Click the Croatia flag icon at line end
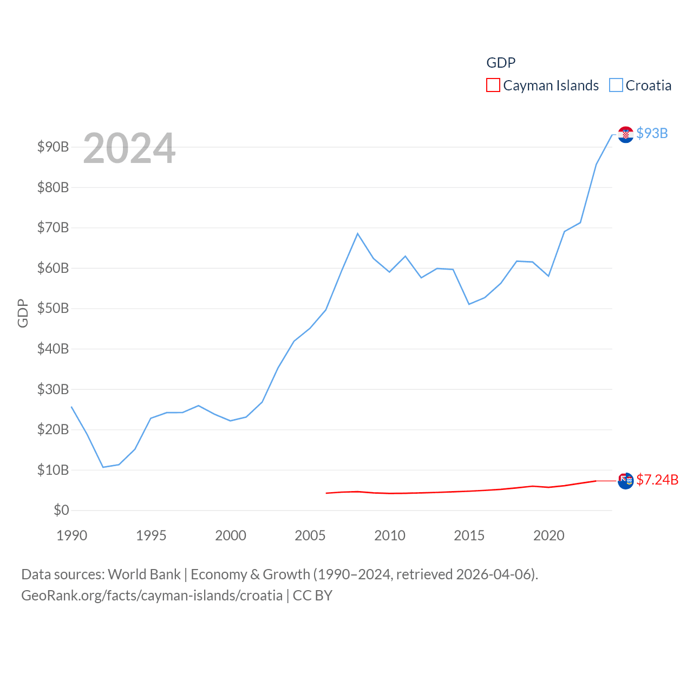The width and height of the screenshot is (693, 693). pyautogui.click(x=625, y=134)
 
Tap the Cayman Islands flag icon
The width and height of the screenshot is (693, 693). pyautogui.click(x=625, y=481)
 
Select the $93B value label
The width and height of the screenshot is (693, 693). pyautogui.click(x=652, y=133)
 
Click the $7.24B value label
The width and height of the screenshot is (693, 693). pyautogui.click(x=657, y=480)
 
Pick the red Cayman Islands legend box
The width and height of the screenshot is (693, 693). pyautogui.click(x=493, y=85)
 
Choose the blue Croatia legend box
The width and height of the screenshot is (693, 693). pyautogui.click(x=616, y=85)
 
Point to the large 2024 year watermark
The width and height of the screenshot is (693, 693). pyautogui.click(x=129, y=148)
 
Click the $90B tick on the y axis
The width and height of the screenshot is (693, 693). pyautogui.click(x=53, y=147)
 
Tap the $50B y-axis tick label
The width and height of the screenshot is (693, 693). pyautogui.click(x=53, y=308)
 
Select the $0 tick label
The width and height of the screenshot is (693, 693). pyautogui.click(x=61, y=510)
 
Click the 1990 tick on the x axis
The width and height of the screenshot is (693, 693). pyautogui.click(x=71, y=535)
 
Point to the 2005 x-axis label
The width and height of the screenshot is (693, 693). pyautogui.click(x=310, y=535)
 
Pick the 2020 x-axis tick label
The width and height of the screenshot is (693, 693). pyautogui.click(x=548, y=535)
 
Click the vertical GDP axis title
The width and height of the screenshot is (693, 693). pyautogui.click(x=23, y=313)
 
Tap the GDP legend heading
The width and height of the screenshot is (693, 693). pyautogui.click(x=501, y=63)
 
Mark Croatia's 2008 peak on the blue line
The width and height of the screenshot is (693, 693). pyautogui.click(x=357, y=233)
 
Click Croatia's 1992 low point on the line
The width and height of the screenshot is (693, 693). pyautogui.click(x=103, y=467)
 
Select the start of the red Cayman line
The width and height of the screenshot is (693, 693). pyautogui.click(x=326, y=493)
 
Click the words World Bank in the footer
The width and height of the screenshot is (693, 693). pyautogui.click(x=144, y=574)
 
